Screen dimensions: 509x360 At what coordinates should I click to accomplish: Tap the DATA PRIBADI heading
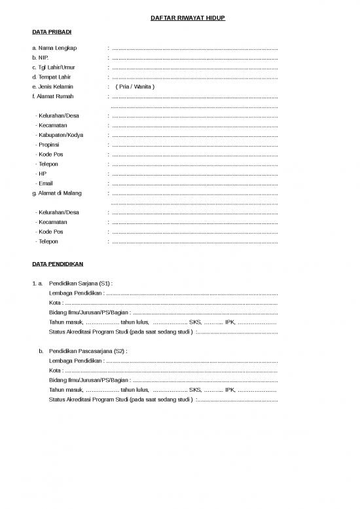point(52,31)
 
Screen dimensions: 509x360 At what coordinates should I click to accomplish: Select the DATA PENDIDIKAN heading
point(58,264)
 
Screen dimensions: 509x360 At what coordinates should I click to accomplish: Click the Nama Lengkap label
point(54,48)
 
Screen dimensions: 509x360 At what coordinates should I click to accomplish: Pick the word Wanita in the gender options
point(141,86)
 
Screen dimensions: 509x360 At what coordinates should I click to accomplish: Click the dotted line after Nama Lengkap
point(194,48)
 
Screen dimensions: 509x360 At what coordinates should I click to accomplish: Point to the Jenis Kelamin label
point(54,86)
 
